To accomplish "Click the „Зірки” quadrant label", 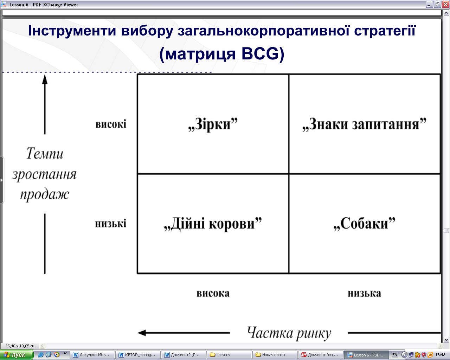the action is pos(213,124).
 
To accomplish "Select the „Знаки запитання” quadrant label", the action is pos(364,124).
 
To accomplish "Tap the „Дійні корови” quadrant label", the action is pos(213,224).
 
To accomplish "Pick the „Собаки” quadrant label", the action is pos(365,224).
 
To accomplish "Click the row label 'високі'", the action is pos(111,124).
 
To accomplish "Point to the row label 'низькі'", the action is pos(111,224).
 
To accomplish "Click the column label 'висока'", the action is pos(213,293).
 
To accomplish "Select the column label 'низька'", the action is pos(364,293).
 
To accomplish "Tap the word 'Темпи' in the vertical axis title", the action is pos(45,154).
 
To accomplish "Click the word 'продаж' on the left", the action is pos(45,194).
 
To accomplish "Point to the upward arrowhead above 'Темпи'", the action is pos(45,79).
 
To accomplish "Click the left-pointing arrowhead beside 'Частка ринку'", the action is pos(142,333).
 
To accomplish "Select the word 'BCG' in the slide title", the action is pos(260,53).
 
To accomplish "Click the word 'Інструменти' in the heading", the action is pos(72,31).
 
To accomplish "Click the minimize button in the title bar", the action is pos(429,5).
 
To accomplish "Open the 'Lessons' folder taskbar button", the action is pos(229,355).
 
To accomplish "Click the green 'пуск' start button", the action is pos(16,355).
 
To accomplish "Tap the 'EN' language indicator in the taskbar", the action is pos(394,355).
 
